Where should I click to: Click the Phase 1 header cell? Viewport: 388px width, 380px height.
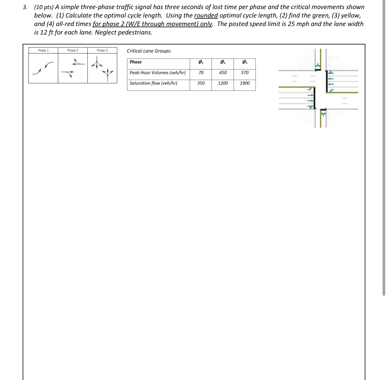coord(43,50)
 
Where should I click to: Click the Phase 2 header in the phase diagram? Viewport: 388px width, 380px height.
coord(73,50)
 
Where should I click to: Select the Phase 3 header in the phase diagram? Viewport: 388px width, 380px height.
coord(102,50)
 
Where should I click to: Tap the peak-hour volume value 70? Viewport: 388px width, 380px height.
coord(201,72)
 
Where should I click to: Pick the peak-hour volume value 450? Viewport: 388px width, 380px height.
coord(223,72)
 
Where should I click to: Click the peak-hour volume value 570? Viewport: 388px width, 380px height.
coord(245,72)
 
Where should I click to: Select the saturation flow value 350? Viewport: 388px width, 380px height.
coord(201,83)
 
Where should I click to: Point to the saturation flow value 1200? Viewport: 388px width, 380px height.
coord(223,83)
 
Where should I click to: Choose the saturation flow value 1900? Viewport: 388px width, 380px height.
coord(245,83)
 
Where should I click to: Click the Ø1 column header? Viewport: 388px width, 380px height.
coord(201,62)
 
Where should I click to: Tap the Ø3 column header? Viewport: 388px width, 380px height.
coord(245,62)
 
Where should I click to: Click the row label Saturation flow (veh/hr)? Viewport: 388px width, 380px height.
coord(153,83)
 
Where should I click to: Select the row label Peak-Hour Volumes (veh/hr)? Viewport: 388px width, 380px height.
coord(157,72)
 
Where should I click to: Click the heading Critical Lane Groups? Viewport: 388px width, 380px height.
coord(149,51)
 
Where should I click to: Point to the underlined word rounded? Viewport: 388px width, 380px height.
coord(206,15)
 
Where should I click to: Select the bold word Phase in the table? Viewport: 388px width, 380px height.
coord(136,62)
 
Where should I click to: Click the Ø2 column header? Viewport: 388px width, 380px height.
coord(223,62)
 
